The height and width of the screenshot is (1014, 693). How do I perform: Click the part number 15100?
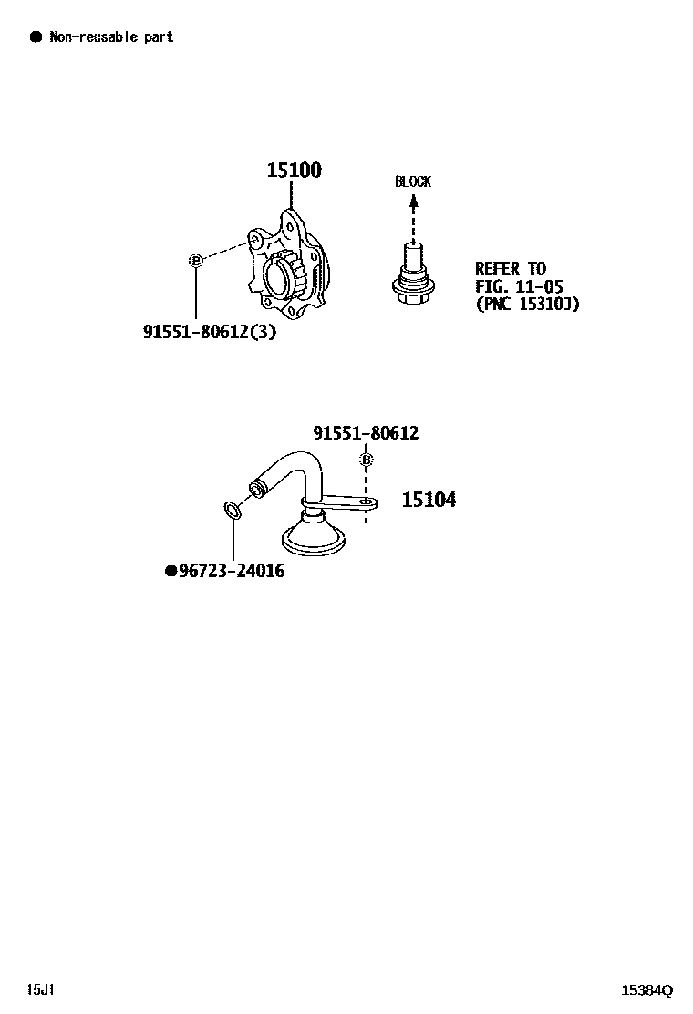pyautogui.click(x=294, y=171)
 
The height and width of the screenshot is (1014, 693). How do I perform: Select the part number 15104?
pyautogui.click(x=429, y=500)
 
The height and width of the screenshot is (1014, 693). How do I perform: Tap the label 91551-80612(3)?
pyautogui.click(x=209, y=333)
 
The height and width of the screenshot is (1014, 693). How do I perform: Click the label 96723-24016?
pyautogui.click(x=232, y=572)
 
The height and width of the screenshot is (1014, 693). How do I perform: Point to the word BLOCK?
pyautogui.click(x=412, y=181)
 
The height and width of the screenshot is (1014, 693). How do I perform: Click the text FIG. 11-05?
pyautogui.click(x=519, y=286)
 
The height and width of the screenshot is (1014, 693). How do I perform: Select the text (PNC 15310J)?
pyautogui.click(x=527, y=304)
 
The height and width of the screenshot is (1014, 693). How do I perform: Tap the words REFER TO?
pyautogui.click(x=511, y=269)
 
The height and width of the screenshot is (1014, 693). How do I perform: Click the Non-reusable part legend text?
pyautogui.click(x=111, y=37)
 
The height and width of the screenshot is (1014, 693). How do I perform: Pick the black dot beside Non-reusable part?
pyautogui.click(x=36, y=36)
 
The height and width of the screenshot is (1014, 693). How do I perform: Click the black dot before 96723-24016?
pyautogui.click(x=171, y=572)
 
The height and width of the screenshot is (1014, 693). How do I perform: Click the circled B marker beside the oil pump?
pyautogui.click(x=194, y=262)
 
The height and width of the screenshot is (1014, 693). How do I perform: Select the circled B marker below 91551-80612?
pyautogui.click(x=367, y=460)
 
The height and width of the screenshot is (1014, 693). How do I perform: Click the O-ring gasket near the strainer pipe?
pyautogui.click(x=233, y=509)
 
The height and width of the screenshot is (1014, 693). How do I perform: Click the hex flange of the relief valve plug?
pyautogui.click(x=412, y=290)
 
